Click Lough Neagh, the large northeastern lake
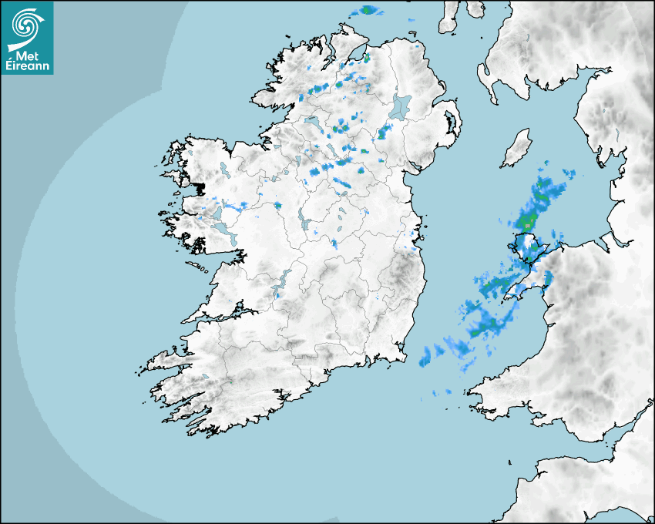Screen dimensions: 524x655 (x=401, y=106)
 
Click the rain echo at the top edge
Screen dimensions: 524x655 (x=367, y=11)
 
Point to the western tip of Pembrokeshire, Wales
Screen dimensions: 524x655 (x=472, y=385)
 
